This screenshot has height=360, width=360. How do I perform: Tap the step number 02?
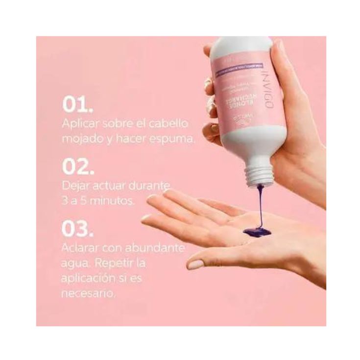coord(76,167)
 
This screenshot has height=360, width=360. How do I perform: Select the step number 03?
coord(77,230)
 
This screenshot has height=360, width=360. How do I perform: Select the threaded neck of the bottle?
coord(260,174)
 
